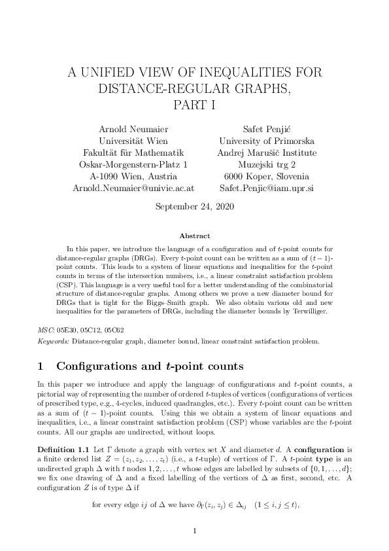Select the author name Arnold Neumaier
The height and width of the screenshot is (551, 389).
(x=133, y=129)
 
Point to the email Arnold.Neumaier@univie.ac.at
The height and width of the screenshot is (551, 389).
(x=133, y=188)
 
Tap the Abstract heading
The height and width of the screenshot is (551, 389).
(x=194, y=236)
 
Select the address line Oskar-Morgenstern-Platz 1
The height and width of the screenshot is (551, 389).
(x=133, y=164)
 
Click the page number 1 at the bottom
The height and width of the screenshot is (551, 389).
(x=194, y=531)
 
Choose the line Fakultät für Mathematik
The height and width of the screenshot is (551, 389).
(x=133, y=152)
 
